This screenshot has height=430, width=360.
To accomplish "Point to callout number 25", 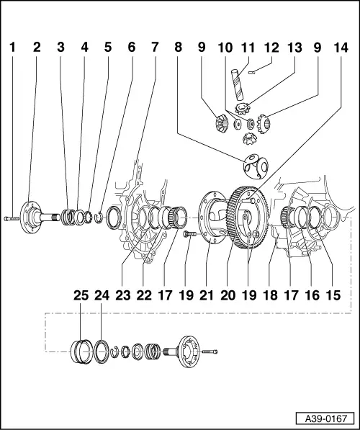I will point(81,295).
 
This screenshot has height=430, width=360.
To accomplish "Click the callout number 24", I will point(103,295).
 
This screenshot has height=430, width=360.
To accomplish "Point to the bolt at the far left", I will point(13,216).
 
